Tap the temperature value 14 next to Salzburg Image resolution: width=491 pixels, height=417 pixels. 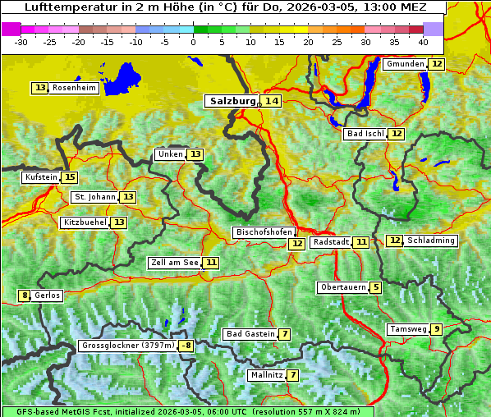click(x=272, y=101)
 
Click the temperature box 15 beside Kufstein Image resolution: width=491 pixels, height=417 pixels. click(x=70, y=177)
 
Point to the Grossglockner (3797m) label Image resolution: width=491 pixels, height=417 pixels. click(x=128, y=346)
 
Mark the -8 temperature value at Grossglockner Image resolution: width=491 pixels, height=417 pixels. click(x=186, y=346)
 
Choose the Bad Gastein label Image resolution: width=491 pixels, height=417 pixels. click(x=250, y=334)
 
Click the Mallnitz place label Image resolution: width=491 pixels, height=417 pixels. click(x=266, y=375)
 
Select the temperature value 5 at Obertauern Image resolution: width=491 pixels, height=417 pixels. click(x=375, y=287)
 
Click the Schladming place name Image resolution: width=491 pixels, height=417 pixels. click(x=431, y=241)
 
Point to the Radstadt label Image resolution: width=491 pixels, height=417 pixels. click(x=332, y=242)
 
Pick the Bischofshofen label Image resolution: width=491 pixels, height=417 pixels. click(x=264, y=232)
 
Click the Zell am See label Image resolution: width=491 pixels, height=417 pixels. click(x=174, y=263)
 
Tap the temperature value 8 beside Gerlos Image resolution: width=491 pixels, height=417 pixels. click(x=25, y=296)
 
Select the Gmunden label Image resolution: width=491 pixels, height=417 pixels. click(x=405, y=64)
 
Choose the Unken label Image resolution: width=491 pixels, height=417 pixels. click(x=170, y=154)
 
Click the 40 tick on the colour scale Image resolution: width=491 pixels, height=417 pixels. click(x=423, y=41)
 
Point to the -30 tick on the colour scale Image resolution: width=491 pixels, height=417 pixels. click(x=21, y=41)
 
